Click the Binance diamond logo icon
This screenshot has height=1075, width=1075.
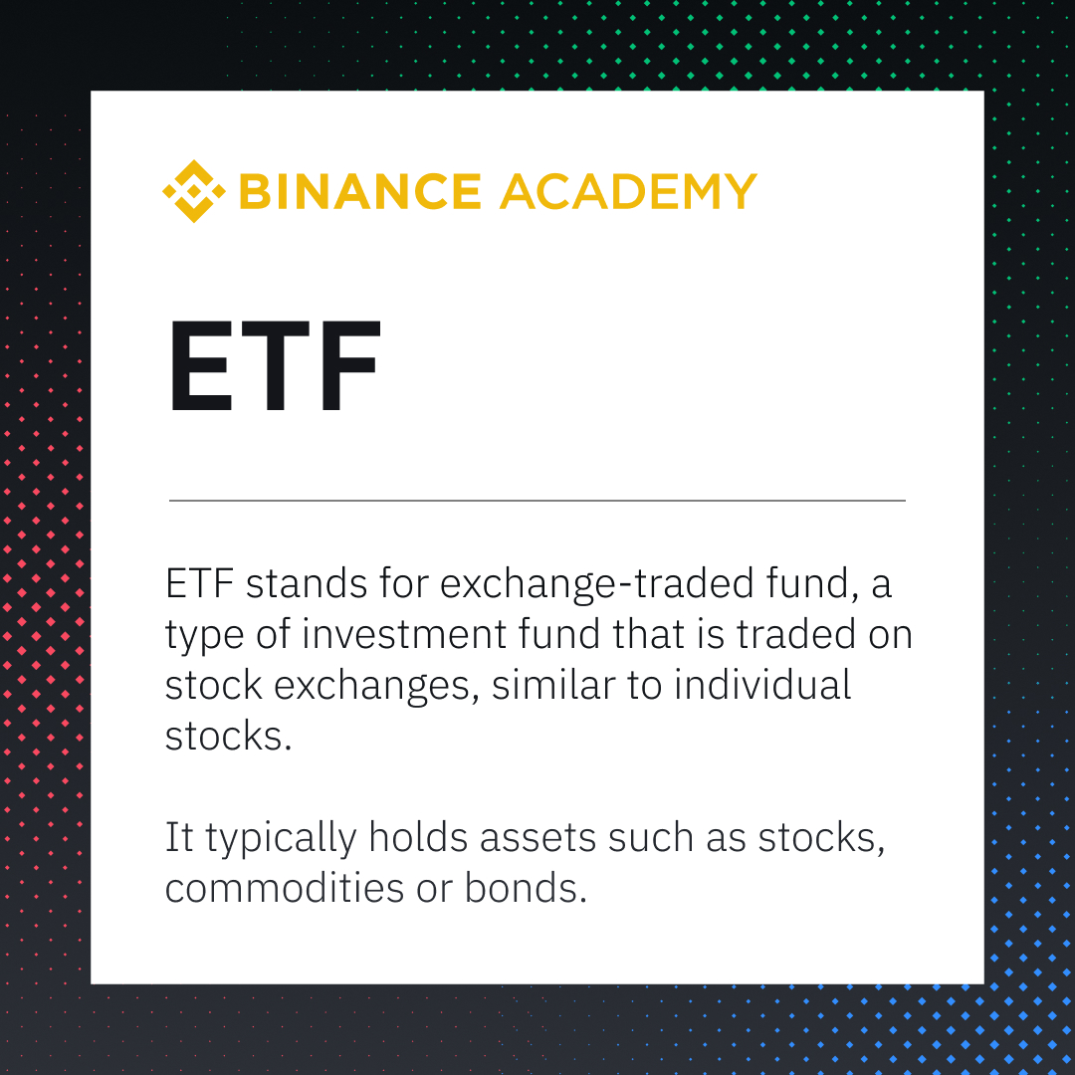(x=194, y=191)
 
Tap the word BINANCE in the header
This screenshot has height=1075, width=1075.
(x=360, y=191)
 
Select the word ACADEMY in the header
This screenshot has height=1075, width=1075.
(x=628, y=191)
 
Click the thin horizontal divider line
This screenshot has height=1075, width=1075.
(x=537, y=501)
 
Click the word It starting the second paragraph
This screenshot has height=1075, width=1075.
(x=178, y=838)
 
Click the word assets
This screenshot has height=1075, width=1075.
(x=537, y=839)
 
